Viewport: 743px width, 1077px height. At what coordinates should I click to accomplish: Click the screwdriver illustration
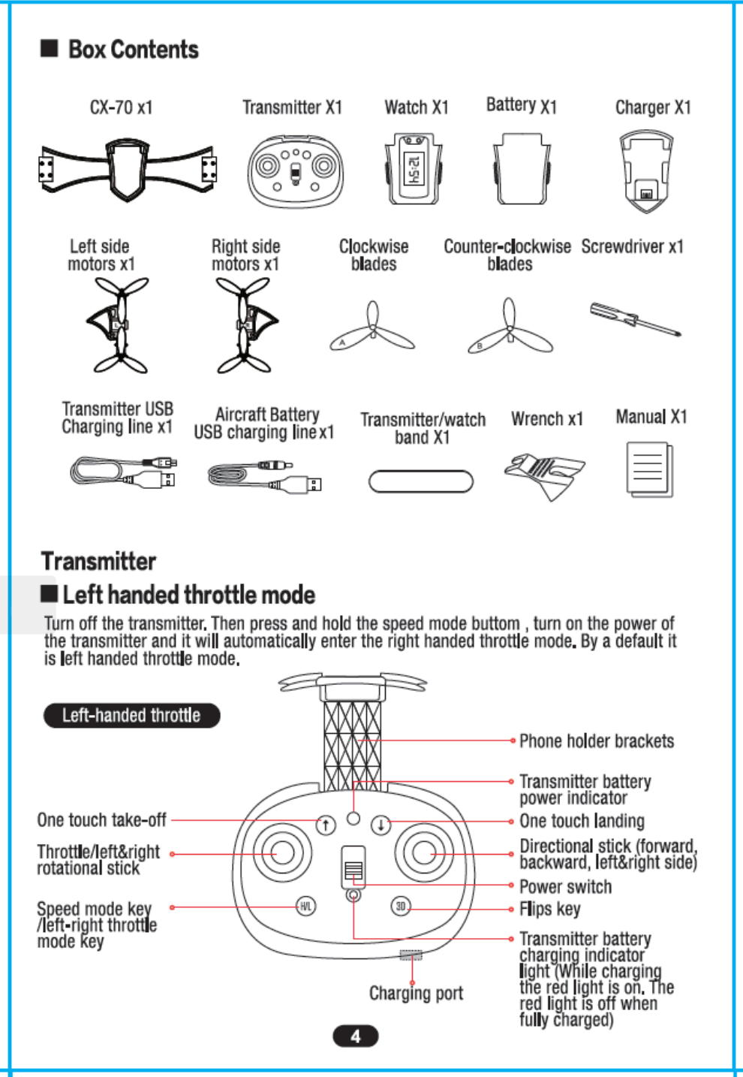[x=635, y=319]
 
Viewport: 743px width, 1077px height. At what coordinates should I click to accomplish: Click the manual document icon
[x=649, y=469]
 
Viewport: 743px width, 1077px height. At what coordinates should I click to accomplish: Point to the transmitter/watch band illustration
[x=421, y=481]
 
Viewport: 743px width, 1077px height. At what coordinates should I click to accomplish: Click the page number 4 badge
[x=355, y=1036]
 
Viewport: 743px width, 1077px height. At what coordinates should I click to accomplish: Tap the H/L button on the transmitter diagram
[x=305, y=907]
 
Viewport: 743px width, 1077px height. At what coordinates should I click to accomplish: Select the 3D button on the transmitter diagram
[x=401, y=907]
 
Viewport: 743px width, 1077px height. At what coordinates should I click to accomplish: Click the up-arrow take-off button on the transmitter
[x=325, y=825]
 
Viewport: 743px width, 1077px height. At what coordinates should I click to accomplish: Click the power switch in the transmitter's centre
[x=353, y=867]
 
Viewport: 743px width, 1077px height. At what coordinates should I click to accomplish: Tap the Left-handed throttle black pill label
[x=131, y=716]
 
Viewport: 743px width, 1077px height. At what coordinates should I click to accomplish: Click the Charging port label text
[x=416, y=994]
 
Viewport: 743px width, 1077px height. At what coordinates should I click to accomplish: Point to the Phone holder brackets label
[x=597, y=741]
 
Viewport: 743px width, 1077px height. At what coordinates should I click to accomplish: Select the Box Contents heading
[x=133, y=50]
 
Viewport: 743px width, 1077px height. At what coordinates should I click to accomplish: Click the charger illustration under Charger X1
[x=645, y=172]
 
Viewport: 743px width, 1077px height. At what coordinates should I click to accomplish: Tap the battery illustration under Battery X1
[x=522, y=170]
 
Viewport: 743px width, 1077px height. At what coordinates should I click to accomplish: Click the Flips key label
[x=550, y=909]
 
